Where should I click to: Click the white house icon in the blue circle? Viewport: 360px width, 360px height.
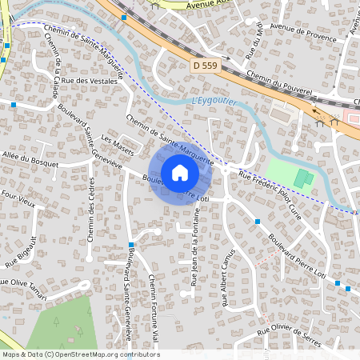(180, 172)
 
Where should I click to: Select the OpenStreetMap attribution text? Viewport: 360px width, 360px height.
(80, 354)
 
